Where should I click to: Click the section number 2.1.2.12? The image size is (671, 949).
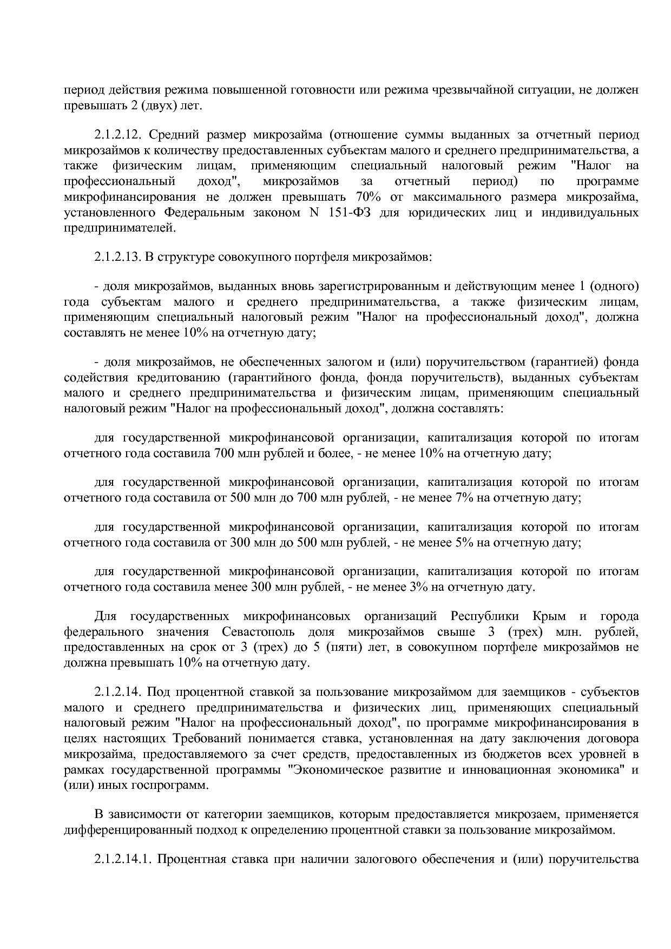tap(118, 134)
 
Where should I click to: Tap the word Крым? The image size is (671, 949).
tap(549, 616)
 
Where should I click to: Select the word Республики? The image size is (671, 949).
tap(484, 616)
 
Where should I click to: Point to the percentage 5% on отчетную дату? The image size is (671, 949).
tap(465, 542)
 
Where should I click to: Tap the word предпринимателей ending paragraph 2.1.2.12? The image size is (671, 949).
tap(120, 227)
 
